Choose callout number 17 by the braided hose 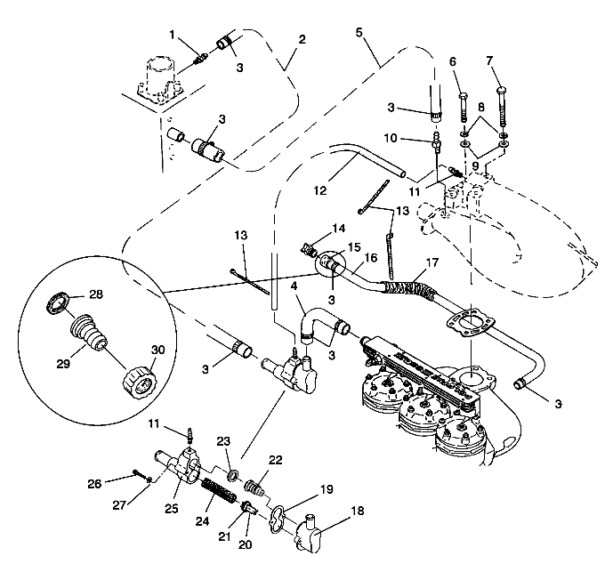coord(432,264)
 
